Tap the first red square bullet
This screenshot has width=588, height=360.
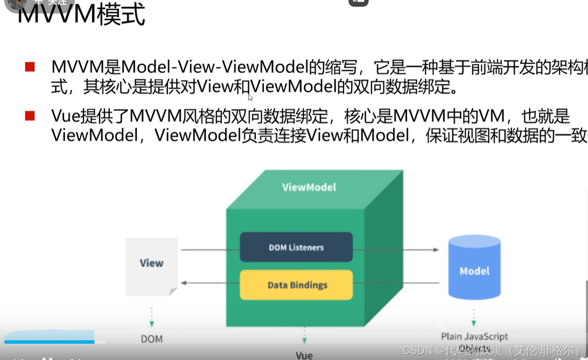pos(30,67)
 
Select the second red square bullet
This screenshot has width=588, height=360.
pos(30,116)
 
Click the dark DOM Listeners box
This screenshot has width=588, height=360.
pos(296,247)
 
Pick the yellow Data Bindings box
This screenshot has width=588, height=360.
pos(296,285)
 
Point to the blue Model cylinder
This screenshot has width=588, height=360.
pos(474,269)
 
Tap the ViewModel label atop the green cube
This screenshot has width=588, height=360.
pos(309,187)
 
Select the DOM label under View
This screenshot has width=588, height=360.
pos(152,339)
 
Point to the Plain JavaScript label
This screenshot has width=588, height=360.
pos(474,336)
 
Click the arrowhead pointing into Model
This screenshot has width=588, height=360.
pos(436,250)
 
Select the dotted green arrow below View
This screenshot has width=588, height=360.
pos(152,317)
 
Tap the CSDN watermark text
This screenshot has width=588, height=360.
pos(492,350)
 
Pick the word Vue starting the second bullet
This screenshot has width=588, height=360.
pos(66,116)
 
